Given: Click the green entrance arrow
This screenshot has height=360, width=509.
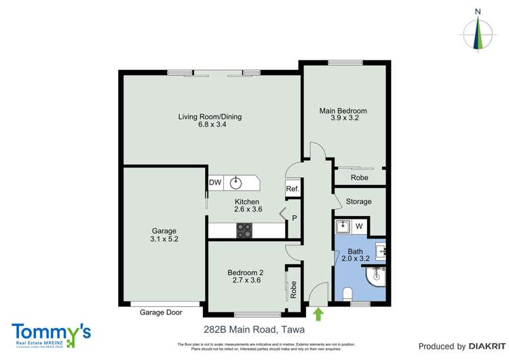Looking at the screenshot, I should pos(318,313).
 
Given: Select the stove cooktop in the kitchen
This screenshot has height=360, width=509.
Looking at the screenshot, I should pos(244,231).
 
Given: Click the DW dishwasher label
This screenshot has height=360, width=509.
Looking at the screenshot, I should pos(215,183).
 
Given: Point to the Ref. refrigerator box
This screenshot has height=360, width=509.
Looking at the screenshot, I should pos(293,190).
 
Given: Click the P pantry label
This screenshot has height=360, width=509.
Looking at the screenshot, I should pos(295,218).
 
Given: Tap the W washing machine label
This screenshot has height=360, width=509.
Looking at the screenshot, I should pos(359,226).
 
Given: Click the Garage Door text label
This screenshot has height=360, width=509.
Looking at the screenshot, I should pos(162,313).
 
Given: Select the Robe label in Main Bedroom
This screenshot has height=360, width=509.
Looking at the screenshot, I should pos(359,177).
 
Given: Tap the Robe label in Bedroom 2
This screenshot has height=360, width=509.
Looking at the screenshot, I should pos(294,291).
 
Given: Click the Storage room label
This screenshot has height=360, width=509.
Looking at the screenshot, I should pos(358,202).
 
